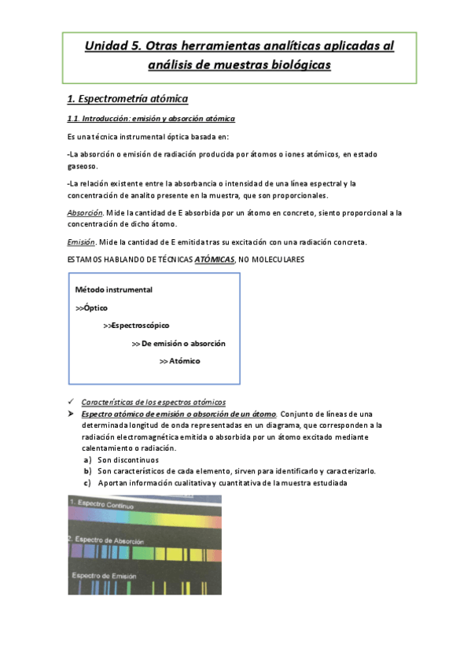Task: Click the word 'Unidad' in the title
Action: click(x=108, y=46)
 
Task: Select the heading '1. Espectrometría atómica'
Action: click(x=127, y=98)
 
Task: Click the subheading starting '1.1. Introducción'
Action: click(x=151, y=119)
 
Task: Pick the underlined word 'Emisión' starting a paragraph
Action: click(x=82, y=241)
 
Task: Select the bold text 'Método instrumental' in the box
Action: click(x=114, y=289)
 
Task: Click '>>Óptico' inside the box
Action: click(x=92, y=308)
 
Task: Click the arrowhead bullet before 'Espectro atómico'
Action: click(x=71, y=414)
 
